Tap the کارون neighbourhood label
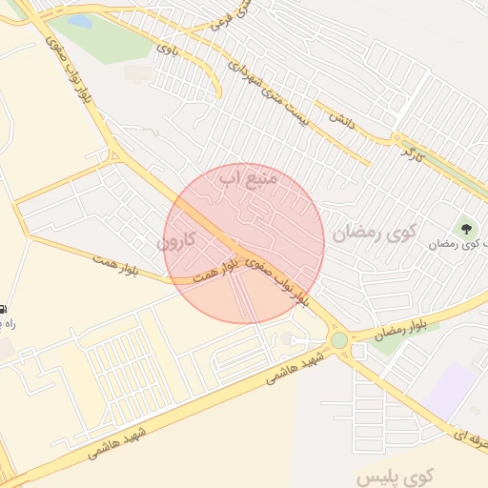175,242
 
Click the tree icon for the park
466,228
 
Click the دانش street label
341,118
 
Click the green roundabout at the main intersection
339,340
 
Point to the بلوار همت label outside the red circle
117,266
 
